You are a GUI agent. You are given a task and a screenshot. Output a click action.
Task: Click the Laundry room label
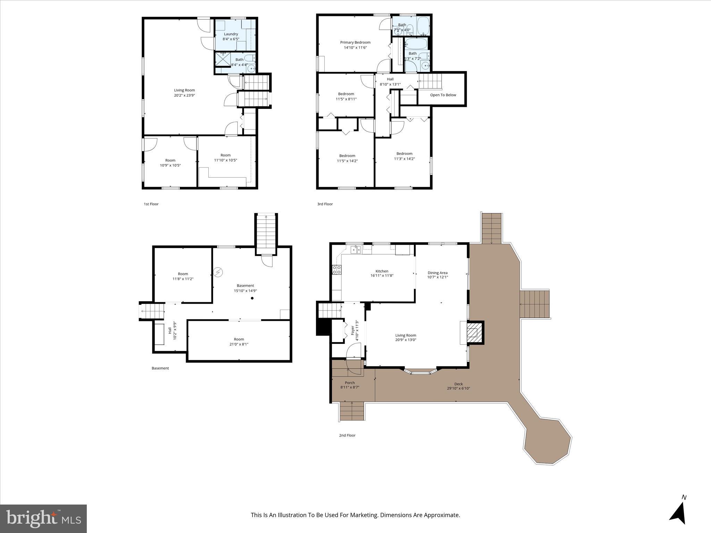pos(231,34)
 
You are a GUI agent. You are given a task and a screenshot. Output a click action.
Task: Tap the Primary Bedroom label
pos(355,42)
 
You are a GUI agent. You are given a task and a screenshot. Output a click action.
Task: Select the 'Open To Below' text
pos(443,95)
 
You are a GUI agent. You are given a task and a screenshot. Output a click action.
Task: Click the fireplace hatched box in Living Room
pos(472,333)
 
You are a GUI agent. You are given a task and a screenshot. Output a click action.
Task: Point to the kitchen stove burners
pos(336,270)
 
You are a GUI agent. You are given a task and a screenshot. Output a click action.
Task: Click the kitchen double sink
pos(355,249)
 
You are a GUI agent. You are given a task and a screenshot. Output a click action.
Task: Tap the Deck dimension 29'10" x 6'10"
pos(458,388)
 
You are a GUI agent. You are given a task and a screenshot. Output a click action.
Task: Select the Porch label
pos(350,383)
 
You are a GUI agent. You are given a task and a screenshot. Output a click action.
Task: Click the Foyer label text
pos(353,330)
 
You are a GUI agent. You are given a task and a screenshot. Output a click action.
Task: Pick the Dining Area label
pos(437,273)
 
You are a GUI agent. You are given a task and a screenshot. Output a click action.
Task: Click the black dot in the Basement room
pos(252,298)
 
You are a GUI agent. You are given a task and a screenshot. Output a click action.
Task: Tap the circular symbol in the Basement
pos(218,272)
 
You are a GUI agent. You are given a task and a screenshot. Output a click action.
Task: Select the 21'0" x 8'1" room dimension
pos(239,344)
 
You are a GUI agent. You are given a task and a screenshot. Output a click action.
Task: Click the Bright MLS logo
pos(43,518)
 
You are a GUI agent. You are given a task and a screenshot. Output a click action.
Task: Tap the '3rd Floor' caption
pos(325,204)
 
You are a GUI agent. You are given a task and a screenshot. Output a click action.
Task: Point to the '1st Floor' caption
pos(151,204)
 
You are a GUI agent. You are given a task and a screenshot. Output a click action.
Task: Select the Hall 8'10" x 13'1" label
pos(390,82)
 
